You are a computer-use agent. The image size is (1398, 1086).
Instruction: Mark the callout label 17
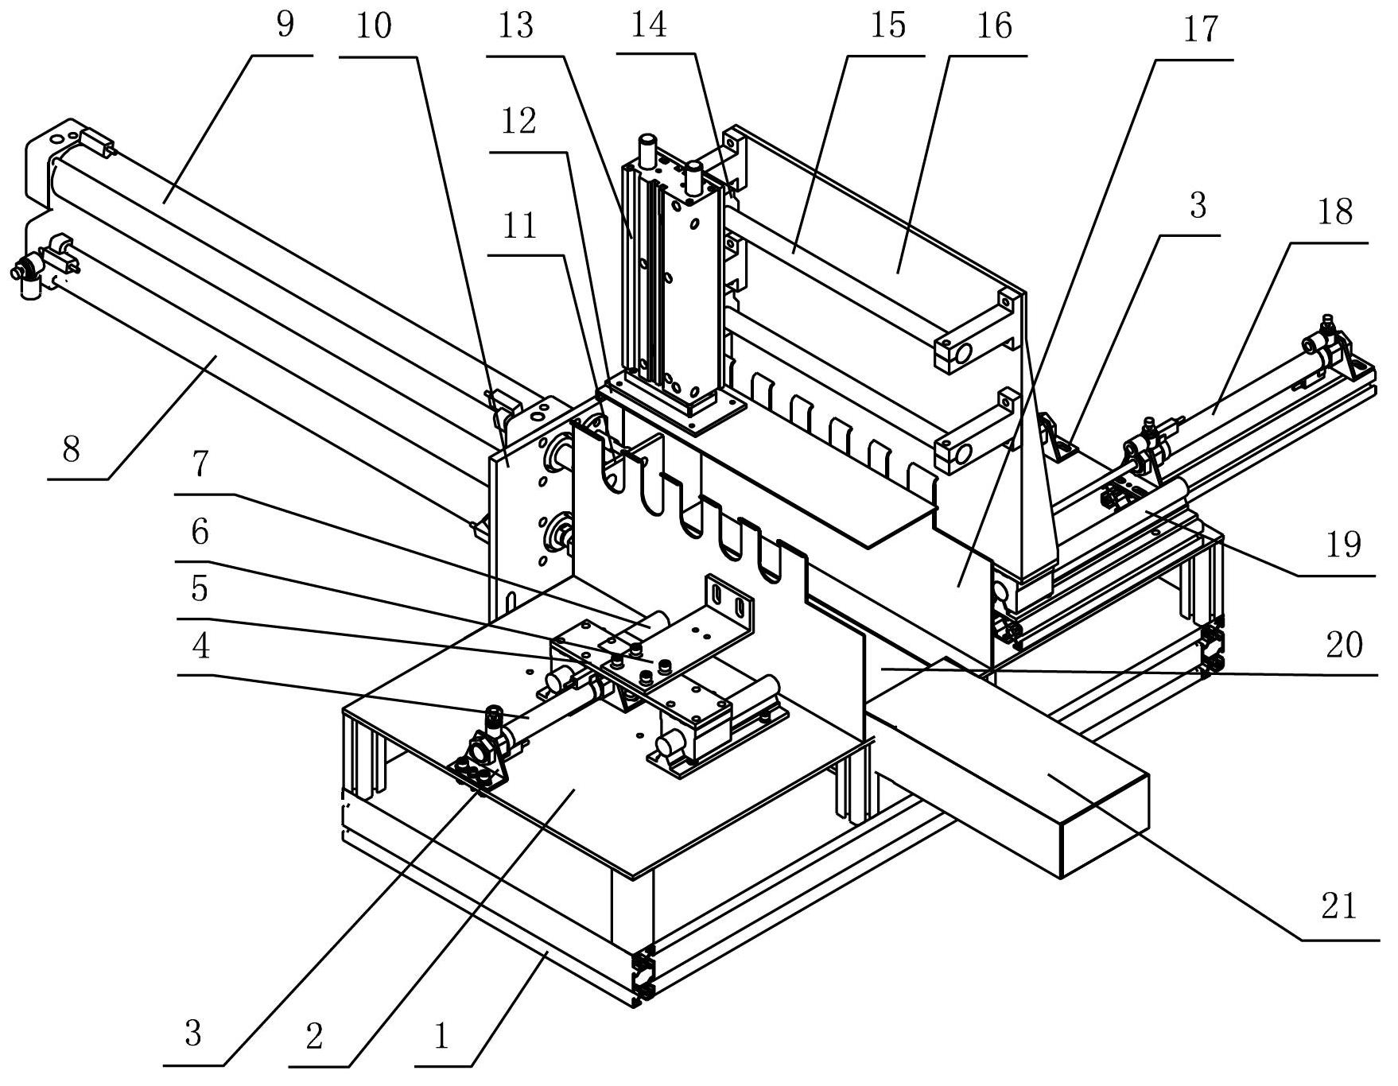pos(1199,29)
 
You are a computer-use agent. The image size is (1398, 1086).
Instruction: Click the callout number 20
pos(1344,645)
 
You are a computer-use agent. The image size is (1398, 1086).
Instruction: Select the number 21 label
pos(1338,906)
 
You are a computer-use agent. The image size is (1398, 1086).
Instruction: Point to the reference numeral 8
pos(72,450)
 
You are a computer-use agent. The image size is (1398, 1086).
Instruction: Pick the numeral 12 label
pos(518,122)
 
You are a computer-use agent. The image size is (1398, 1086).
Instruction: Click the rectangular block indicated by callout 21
pos(1006,767)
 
